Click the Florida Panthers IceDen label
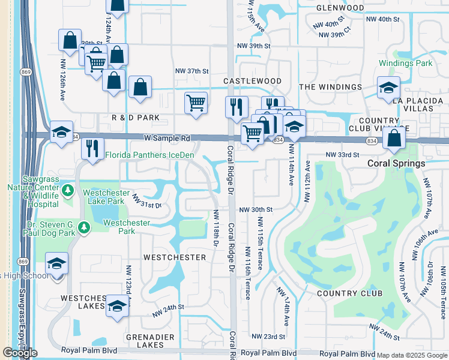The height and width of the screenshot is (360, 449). click(149, 155)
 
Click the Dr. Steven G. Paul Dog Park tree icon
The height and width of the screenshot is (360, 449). click(85, 227)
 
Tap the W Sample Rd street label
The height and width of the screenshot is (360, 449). click(166, 138)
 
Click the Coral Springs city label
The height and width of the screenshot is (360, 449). click(397, 163)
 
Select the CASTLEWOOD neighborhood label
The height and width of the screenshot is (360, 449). click(252, 81)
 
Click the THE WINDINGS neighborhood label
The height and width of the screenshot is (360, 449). click(331, 87)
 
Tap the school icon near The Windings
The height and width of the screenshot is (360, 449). click(388, 88)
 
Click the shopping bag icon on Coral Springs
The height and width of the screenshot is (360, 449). click(394, 138)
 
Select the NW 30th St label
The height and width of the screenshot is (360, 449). click(256, 210)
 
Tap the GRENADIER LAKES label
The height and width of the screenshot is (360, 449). click(145, 341)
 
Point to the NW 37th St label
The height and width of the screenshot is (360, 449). click(190, 71)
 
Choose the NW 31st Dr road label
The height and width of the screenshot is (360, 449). click(147, 201)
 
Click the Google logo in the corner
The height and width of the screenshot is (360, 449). click(20, 353)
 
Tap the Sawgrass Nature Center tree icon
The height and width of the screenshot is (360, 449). click(68, 191)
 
